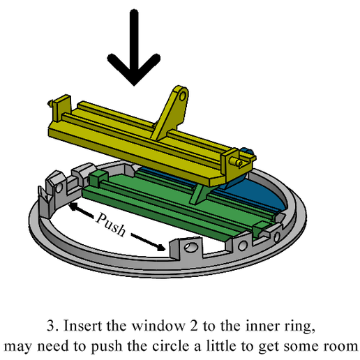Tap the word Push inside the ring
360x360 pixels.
tap(112, 225)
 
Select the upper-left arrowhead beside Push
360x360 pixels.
tap(72, 205)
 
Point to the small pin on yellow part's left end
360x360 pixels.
tap(48, 105)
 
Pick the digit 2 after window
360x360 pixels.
tap(193, 325)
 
